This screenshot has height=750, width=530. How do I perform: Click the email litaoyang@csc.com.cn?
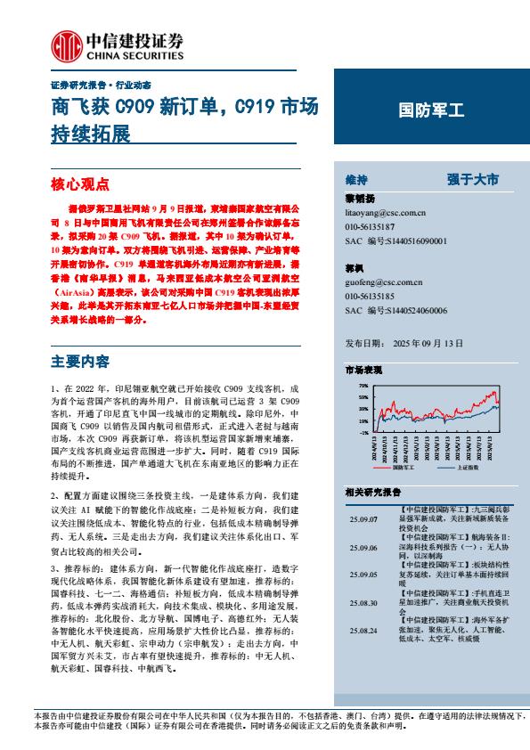[x=385, y=214]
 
